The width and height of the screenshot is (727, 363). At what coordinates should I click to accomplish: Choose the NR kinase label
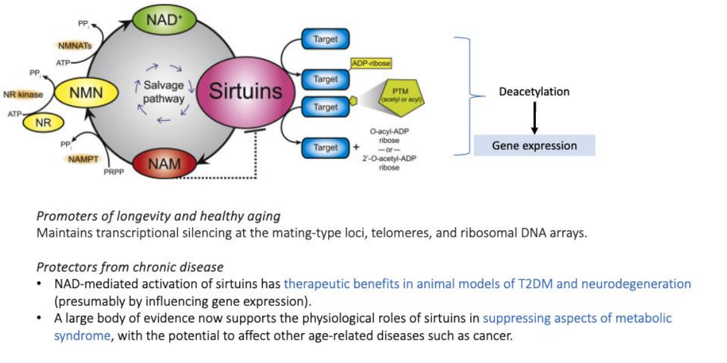pyautogui.click(x=23, y=95)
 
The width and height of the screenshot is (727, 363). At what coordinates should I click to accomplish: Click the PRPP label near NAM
pyautogui.click(x=113, y=171)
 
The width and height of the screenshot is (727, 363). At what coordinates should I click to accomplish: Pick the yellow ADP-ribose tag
pyautogui.click(x=371, y=63)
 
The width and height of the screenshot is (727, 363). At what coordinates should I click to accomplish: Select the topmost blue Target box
pyautogui.click(x=326, y=39)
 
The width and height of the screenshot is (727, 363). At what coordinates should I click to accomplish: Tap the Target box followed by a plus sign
pyautogui.click(x=326, y=147)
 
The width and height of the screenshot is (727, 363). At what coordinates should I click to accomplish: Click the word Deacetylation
pyautogui.click(x=534, y=92)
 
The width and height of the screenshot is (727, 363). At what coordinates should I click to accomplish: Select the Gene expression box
pyautogui.click(x=534, y=145)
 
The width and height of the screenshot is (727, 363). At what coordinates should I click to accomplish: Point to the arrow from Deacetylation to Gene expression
pyautogui.click(x=534, y=118)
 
